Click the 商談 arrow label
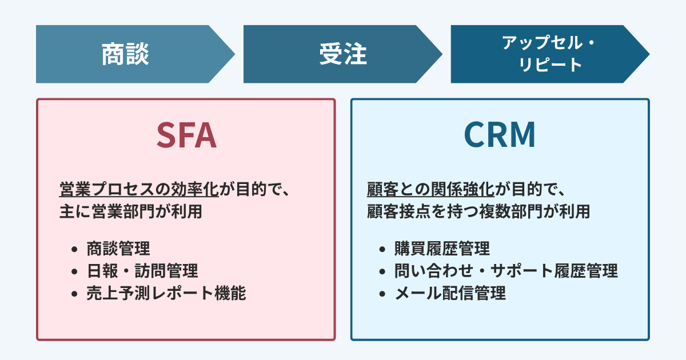click(125, 54)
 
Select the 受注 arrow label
click(342, 54)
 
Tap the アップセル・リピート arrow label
click(548, 54)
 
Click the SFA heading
click(186, 135)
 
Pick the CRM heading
click(499, 135)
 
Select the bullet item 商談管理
click(118, 249)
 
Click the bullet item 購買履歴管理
click(442, 249)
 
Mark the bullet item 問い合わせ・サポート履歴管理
click(506, 271)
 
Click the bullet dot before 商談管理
click(74, 250)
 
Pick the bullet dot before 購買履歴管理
click(382, 250)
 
